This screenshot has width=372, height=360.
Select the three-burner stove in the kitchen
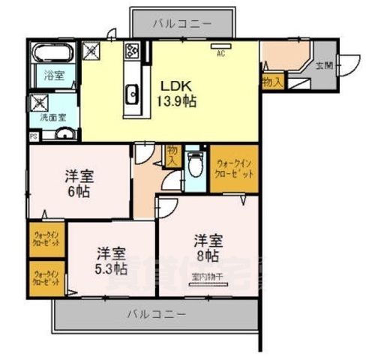[132, 51]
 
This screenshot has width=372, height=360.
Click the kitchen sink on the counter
[133, 94]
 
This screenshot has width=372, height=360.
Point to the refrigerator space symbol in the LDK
[91, 52]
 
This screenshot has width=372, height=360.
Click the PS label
[33, 136]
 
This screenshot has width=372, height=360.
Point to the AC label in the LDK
[221, 54]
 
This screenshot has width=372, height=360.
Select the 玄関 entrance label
[324, 67]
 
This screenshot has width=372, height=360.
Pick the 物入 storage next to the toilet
[172, 154]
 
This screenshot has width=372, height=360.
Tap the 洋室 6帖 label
[78, 184]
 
